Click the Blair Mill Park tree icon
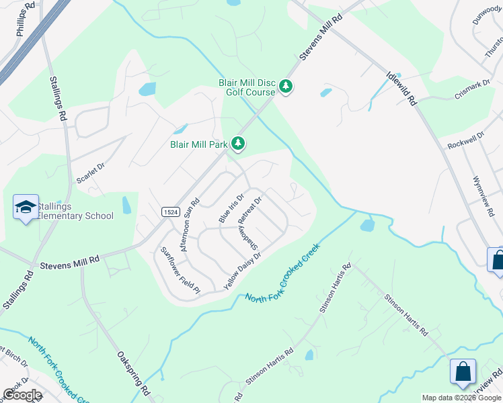coord(238,143)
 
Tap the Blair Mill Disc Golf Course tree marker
coord(286,87)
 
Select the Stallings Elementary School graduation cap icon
coord(26,208)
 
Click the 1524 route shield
coord(171,212)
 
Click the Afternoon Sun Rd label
coord(188,224)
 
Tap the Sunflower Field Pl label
coord(180,271)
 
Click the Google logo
coord(22,395)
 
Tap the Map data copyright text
coord(462,398)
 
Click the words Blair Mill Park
coord(198,143)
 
